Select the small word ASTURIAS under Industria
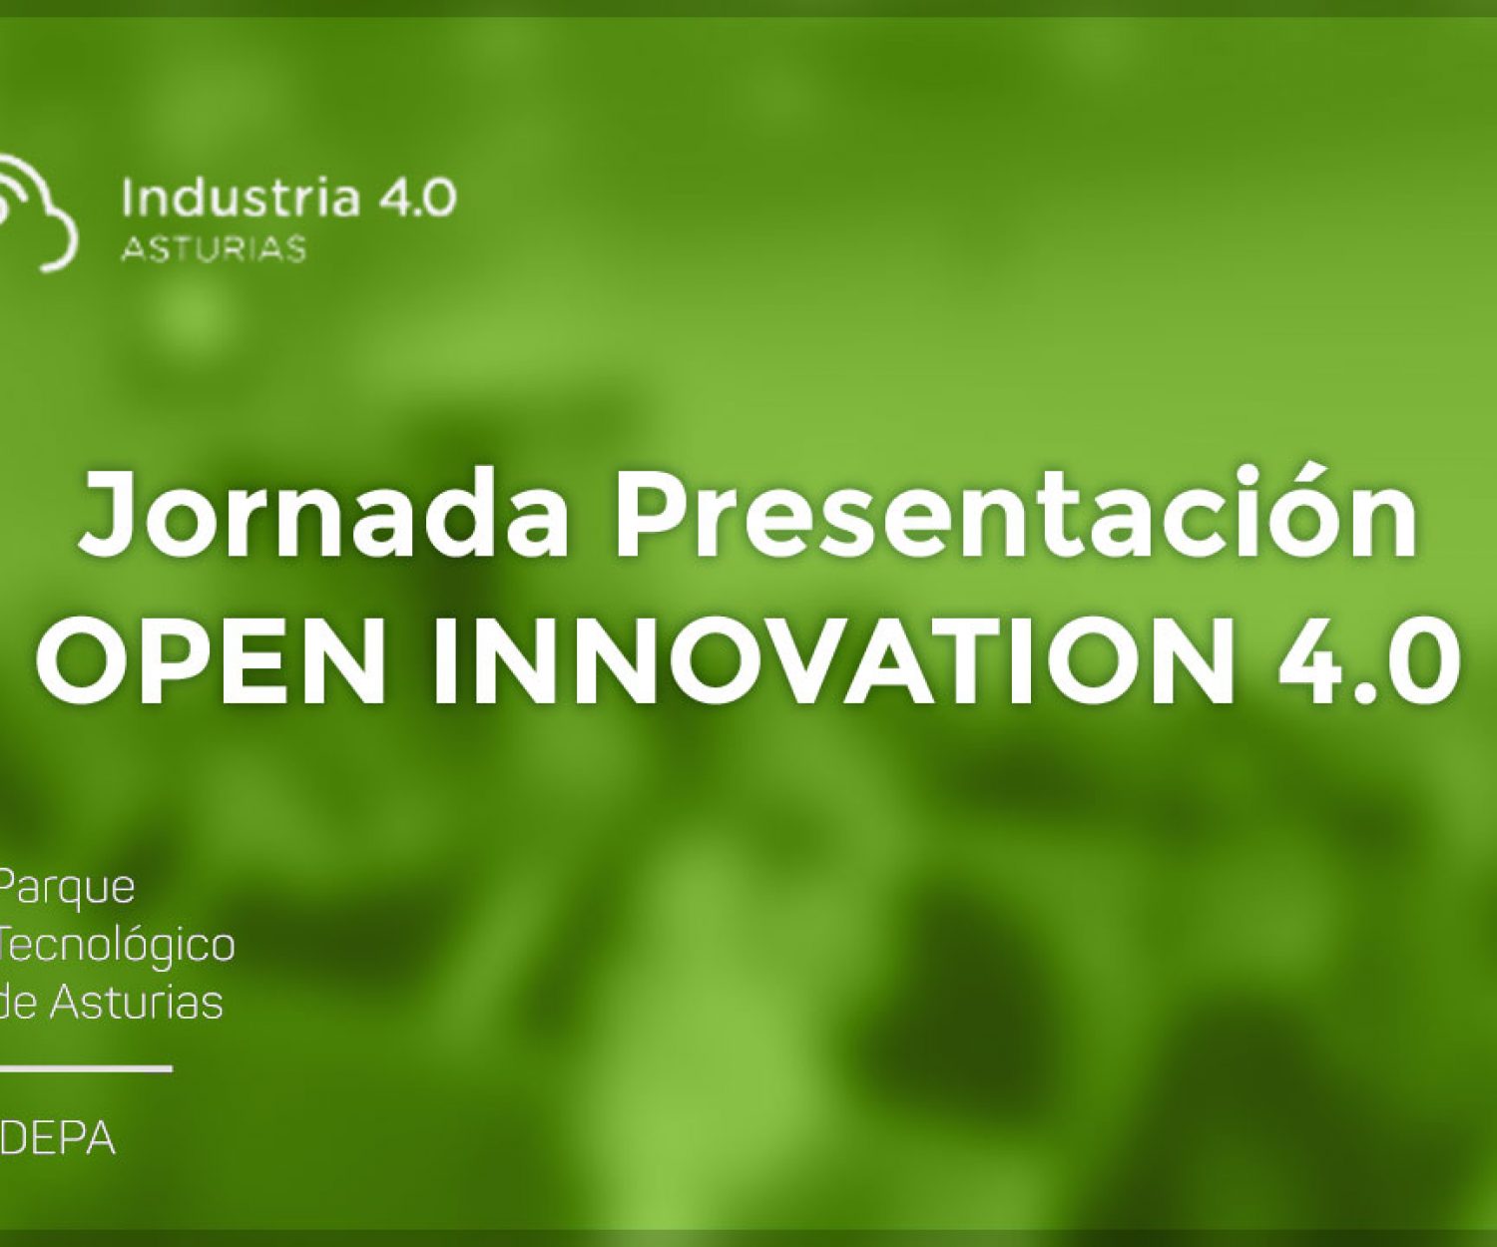(213, 248)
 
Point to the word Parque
(68, 887)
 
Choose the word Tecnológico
(118, 945)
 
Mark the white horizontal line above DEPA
(86, 1068)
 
